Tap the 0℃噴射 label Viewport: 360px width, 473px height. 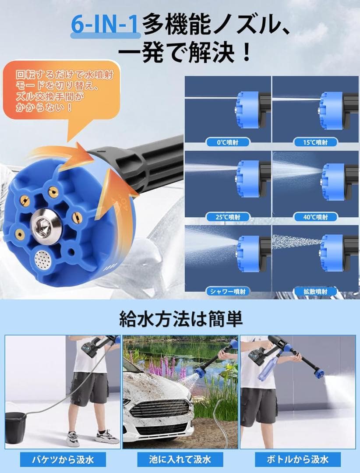point(228,142)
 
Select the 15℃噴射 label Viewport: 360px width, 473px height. point(315,142)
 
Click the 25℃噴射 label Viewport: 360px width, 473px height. point(228,216)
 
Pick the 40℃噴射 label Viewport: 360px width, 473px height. point(315,216)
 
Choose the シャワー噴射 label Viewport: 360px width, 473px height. point(228,291)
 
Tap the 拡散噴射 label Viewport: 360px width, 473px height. point(315,291)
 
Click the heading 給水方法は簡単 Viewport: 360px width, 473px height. point(180,319)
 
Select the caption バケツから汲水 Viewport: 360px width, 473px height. point(63,459)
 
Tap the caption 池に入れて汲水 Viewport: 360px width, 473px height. point(180,459)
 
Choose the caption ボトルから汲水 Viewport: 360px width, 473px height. point(298,459)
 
